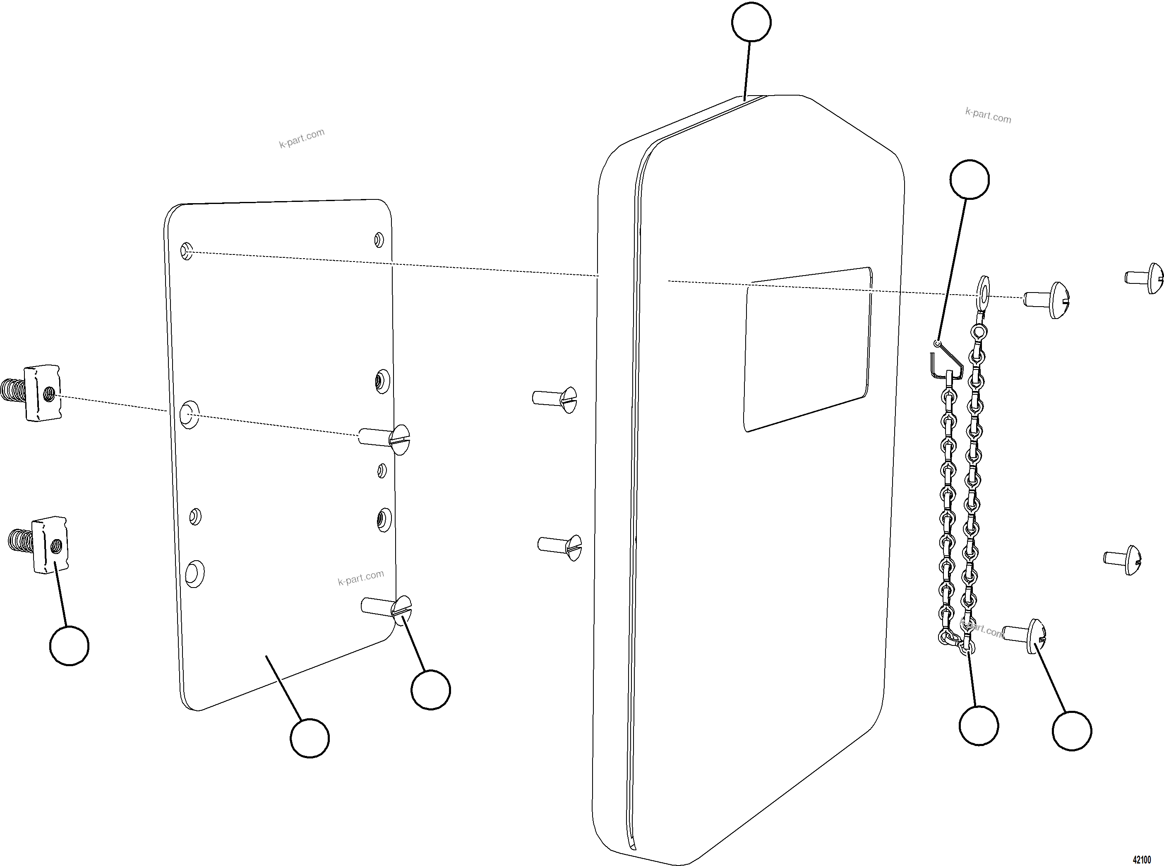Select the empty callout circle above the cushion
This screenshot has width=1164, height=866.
(x=751, y=22)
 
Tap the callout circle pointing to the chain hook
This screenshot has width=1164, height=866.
(x=969, y=179)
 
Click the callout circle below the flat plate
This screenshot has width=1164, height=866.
(x=310, y=738)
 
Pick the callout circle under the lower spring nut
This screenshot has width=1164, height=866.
(x=69, y=645)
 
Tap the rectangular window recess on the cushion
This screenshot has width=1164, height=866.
(x=807, y=349)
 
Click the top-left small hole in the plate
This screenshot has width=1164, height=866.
(x=187, y=251)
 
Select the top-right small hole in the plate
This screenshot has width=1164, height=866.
(x=379, y=240)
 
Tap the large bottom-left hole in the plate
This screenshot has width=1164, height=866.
(x=194, y=573)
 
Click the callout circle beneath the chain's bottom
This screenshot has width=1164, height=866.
(x=978, y=725)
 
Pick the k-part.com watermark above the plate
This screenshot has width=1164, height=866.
(x=302, y=138)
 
